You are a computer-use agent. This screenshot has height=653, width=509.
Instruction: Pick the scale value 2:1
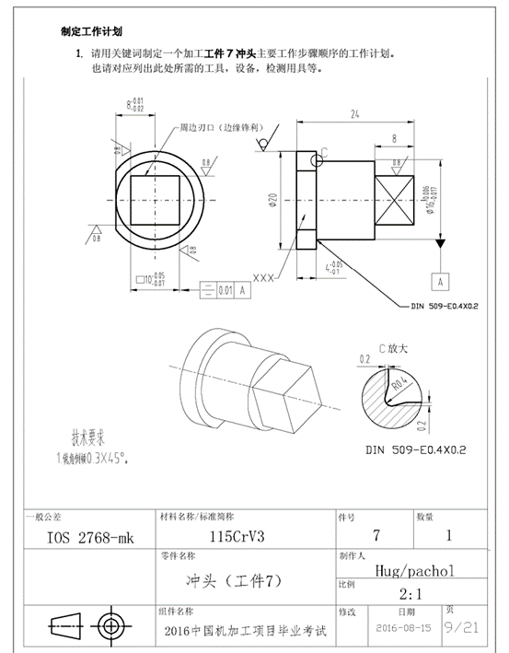(x=412, y=594)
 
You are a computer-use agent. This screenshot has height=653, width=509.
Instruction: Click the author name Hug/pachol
(x=411, y=571)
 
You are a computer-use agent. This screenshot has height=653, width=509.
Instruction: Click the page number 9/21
(x=462, y=627)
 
